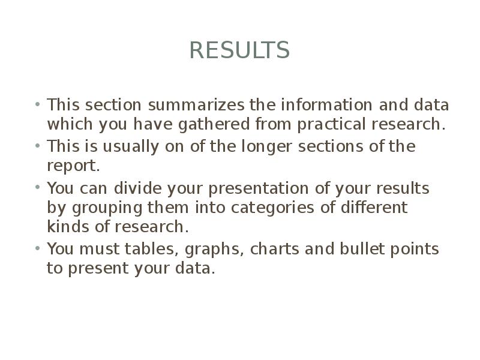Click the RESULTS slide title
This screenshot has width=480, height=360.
tap(239, 50)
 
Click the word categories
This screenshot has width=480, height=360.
tap(264, 208)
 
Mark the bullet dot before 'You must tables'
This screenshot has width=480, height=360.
tap(37, 248)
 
